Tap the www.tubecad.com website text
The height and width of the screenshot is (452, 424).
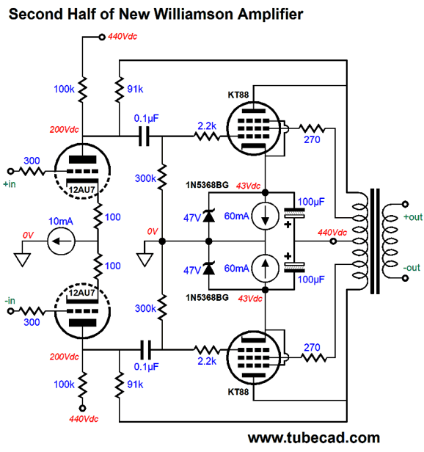pos(314,438)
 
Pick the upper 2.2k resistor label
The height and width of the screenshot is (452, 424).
pos(206,126)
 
